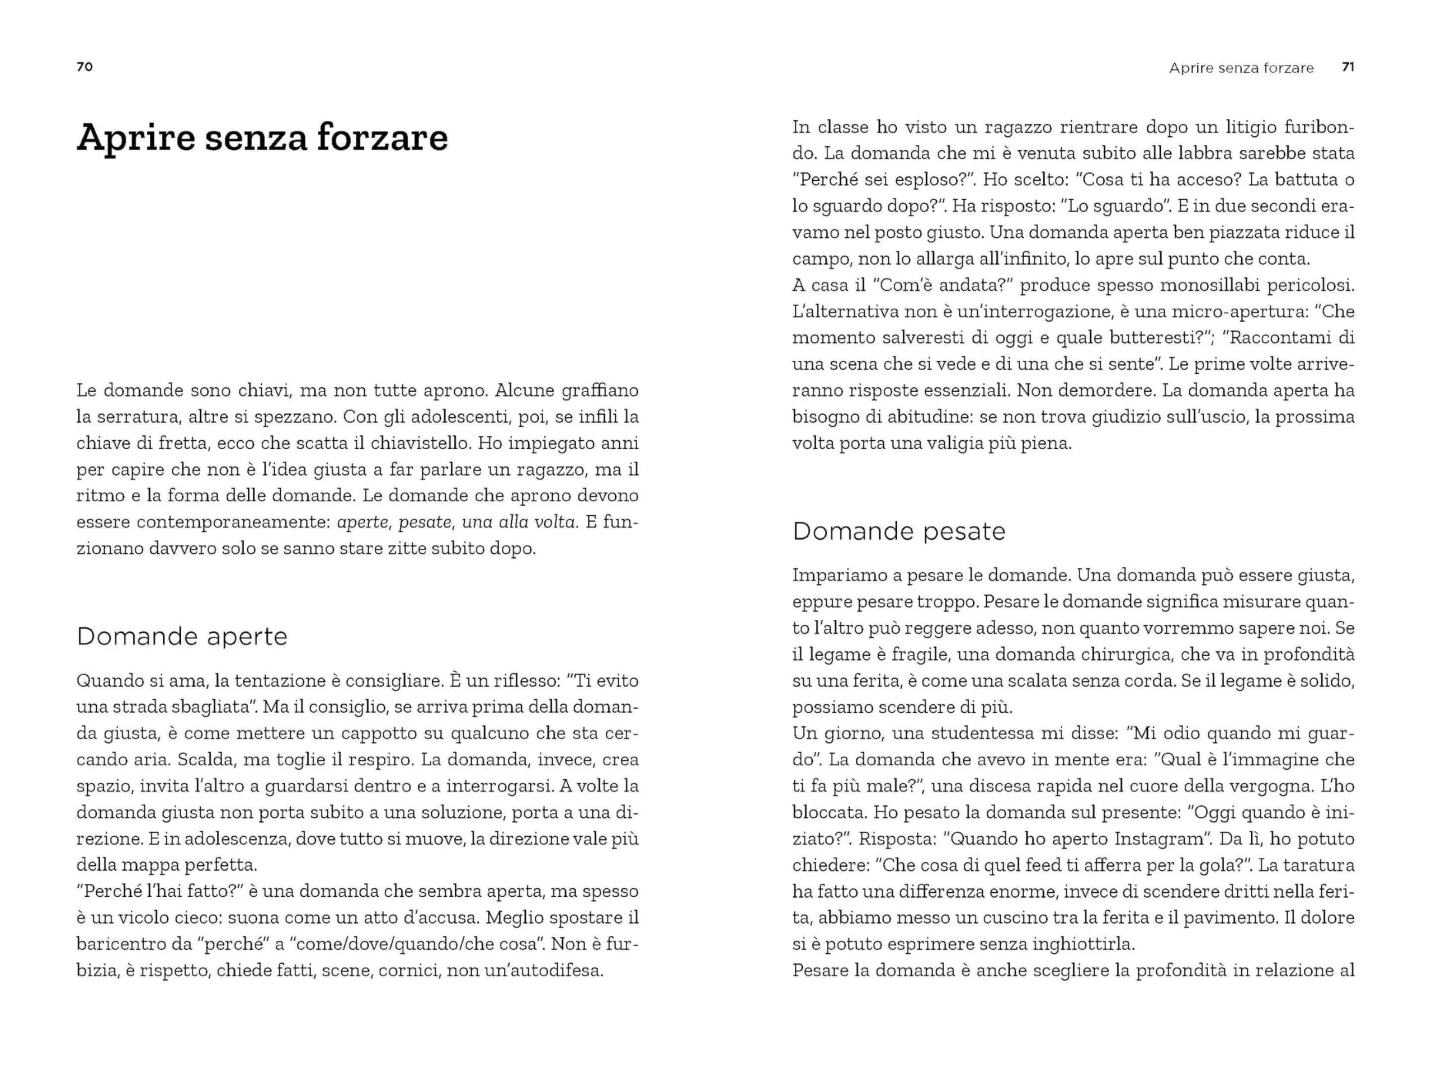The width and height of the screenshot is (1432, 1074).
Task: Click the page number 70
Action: tap(85, 67)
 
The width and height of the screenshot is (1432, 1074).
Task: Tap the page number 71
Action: tap(1348, 67)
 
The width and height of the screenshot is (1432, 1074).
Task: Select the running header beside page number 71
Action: tap(1241, 68)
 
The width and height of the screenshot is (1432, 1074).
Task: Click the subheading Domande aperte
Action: tap(182, 637)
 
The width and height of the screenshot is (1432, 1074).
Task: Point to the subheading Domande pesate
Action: tap(898, 531)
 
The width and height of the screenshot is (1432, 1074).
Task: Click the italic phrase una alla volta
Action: tap(519, 522)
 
